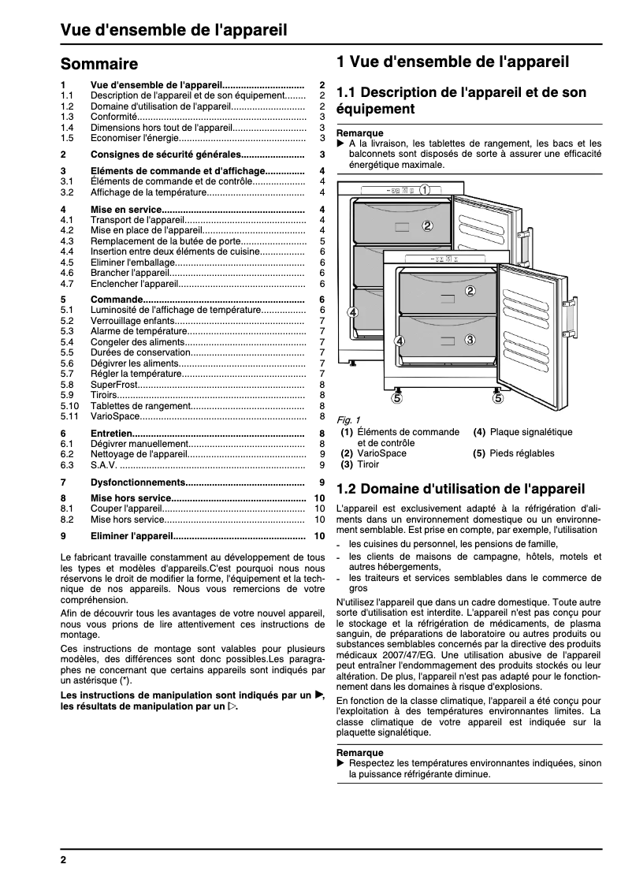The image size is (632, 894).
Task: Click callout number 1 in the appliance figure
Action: (x=424, y=189)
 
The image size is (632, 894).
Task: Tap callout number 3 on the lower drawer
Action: (x=470, y=340)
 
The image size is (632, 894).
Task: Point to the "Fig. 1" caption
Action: (x=348, y=419)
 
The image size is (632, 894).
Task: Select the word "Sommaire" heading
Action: (x=99, y=64)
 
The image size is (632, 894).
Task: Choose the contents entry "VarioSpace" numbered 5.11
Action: (x=115, y=416)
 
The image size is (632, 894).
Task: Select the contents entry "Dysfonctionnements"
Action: (x=137, y=482)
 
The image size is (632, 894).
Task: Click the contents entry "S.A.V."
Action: (x=104, y=465)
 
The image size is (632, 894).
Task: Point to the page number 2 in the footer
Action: (x=64, y=859)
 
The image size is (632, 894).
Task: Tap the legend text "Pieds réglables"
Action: (x=522, y=453)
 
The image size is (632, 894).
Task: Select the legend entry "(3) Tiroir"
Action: (x=359, y=464)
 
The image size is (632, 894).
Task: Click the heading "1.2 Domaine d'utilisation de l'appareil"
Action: (x=460, y=489)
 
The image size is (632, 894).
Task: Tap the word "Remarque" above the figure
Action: (x=360, y=133)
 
